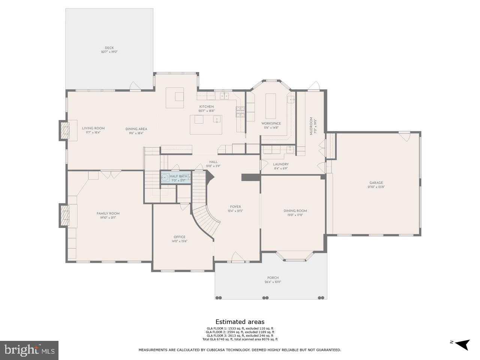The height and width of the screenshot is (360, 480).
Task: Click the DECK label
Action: [x=109, y=48]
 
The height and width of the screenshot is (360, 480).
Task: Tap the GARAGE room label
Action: [x=376, y=183]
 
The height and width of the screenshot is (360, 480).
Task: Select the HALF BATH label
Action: [x=178, y=176]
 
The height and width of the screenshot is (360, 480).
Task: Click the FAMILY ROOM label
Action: [x=108, y=213]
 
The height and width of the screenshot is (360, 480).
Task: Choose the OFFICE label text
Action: [x=180, y=237]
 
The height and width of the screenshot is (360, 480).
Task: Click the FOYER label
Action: [x=235, y=207]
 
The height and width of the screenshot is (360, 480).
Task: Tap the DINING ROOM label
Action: [x=295, y=211]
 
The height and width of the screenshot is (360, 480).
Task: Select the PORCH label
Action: [x=273, y=278]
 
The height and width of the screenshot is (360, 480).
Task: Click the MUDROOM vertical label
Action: [x=311, y=126]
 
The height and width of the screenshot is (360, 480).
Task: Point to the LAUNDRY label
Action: [x=281, y=164]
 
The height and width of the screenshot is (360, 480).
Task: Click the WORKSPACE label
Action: [x=271, y=123]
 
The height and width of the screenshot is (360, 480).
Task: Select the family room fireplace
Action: [x=65, y=216]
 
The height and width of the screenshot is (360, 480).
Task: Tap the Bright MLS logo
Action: [x=29, y=350]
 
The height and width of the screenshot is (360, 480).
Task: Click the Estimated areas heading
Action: [x=240, y=322]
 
